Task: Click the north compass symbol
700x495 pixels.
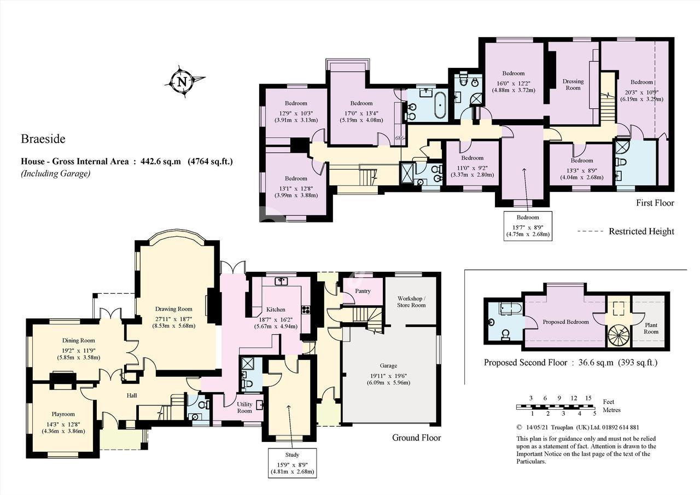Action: click(184, 82)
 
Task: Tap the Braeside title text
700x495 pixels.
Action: click(43, 139)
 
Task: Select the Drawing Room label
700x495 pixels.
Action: click(174, 309)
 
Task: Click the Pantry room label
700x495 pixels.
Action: click(363, 291)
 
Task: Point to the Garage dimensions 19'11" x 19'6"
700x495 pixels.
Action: click(388, 376)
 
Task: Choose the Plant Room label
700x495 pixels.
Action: click(651, 328)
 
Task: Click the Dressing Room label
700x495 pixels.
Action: click(573, 85)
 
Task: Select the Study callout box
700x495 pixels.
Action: click(292, 463)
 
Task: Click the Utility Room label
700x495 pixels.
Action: click(244, 407)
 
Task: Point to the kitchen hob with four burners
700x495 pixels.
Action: click(305, 310)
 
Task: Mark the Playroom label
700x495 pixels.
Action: click(63, 414)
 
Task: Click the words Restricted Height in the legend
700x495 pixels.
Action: click(641, 231)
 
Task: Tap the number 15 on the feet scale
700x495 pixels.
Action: click(588, 398)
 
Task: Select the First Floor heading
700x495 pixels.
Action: click(655, 203)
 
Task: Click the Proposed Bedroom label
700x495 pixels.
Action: click(565, 322)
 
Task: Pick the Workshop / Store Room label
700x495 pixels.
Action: click(411, 302)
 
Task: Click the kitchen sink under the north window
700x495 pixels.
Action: click(281, 281)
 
